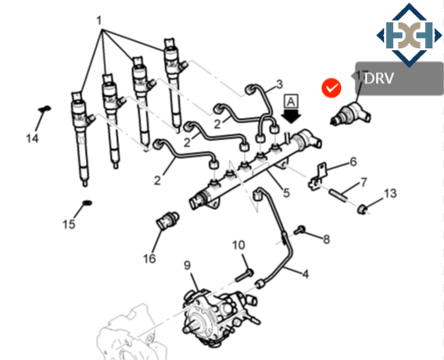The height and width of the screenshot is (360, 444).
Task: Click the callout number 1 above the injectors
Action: coord(99,20)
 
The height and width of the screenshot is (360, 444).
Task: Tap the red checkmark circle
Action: coord(331,88)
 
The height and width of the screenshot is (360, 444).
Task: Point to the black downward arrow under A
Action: coord(291,118)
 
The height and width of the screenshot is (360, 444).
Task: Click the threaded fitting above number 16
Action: coord(166,220)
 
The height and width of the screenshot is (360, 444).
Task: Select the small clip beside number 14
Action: coord(41,113)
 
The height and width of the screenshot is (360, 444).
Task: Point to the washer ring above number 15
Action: coord(85,205)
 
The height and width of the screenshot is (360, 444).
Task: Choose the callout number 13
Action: coord(390,194)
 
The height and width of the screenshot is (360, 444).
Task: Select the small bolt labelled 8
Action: coord(301,231)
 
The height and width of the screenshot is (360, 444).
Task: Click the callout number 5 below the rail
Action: coord(285,192)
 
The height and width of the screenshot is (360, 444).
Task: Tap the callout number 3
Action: coord(279,85)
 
